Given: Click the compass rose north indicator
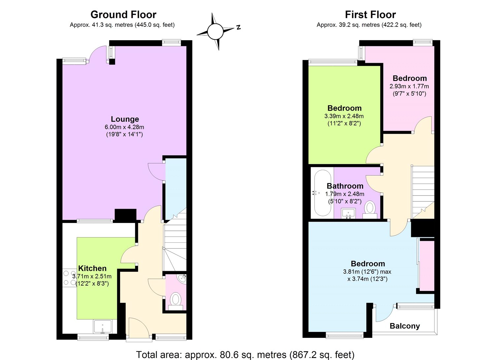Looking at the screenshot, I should click(x=238, y=27).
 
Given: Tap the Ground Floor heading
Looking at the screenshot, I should click(x=123, y=15).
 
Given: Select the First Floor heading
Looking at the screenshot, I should click(x=370, y=15).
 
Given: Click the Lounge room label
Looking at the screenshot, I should click(x=125, y=119).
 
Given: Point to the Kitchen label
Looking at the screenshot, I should click(x=92, y=268).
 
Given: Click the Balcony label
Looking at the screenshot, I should click(x=405, y=326).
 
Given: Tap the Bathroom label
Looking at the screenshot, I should click(x=345, y=186).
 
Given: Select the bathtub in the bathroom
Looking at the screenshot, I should click(x=322, y=193).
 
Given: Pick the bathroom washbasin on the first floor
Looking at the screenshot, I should click(x=348, y=213).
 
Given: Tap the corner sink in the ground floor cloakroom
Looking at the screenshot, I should click(x=182, y=279).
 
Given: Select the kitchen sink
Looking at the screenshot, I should click(x=103, y=326).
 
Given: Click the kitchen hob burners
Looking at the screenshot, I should click(x=69, y=278).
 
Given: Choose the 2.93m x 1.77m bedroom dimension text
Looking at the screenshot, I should click(x=409, y=86).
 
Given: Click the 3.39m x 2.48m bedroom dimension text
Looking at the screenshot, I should click(x=344, y=116).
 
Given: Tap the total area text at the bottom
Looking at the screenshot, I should click(x=245, y=355).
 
